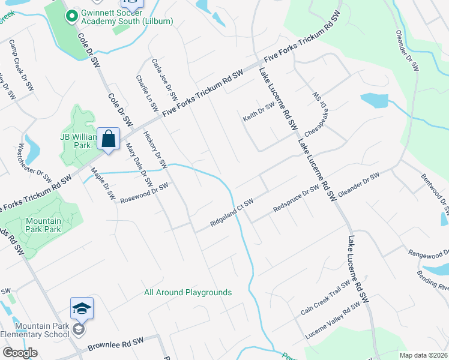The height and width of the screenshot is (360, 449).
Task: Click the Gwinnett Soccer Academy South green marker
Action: click(x=71, y=16)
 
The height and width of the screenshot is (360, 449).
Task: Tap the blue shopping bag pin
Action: click(x=108, y=139)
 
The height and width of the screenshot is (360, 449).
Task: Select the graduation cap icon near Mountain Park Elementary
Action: click(x=82, y=308)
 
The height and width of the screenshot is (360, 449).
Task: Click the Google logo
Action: click(x=20, y=353)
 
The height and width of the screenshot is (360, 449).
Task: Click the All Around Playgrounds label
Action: click(x=188, y=293)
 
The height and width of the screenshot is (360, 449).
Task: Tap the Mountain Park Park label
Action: click(x=43, y=225)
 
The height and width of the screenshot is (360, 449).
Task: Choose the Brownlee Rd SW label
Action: click(x=115, y=344)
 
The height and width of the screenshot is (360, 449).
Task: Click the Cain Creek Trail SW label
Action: click(x=325, y=299)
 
